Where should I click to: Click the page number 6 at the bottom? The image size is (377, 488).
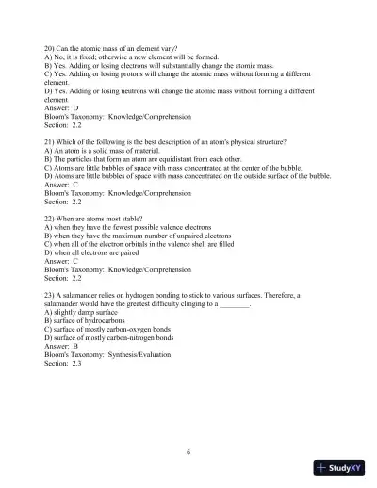(x=188, y=452)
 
